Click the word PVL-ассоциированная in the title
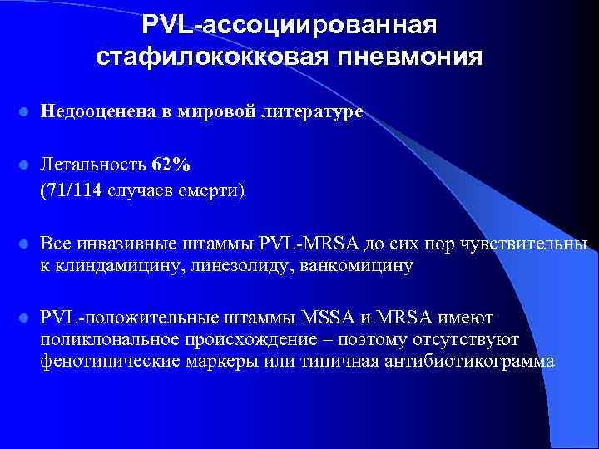click(289, 24)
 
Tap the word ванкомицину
click(362, 266)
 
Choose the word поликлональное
click(116, 339)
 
